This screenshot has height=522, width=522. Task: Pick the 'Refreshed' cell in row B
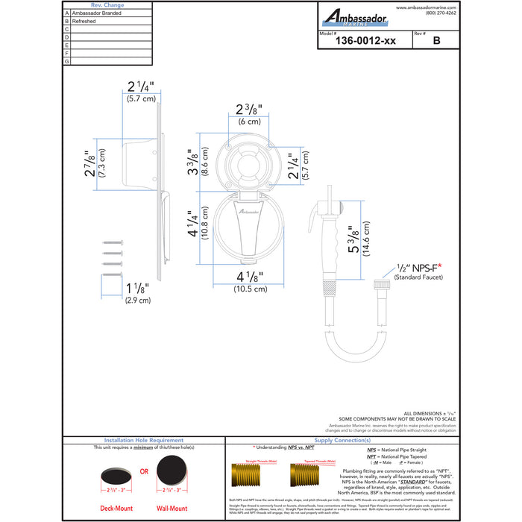click(84, 22)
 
